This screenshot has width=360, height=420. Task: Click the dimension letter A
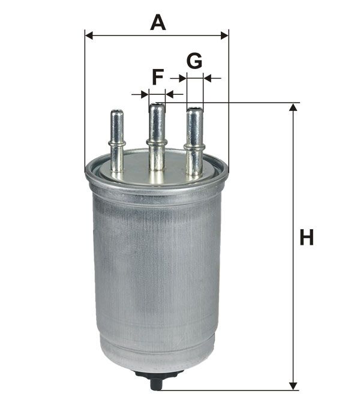coord(158,23)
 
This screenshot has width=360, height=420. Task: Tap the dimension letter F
coord(158,77)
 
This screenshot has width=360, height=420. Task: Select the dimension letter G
coord(194,61)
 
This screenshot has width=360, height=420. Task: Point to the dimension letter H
coord(307,238)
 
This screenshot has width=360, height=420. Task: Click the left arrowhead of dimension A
coord(89,35)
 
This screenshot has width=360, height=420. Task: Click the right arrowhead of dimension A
coord(224,35)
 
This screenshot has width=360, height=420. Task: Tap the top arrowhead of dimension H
coord(293,107)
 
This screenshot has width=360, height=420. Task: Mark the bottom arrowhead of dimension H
coord(293,386)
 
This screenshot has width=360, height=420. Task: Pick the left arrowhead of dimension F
coord(145,94)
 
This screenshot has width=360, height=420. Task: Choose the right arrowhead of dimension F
coord(170,94)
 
